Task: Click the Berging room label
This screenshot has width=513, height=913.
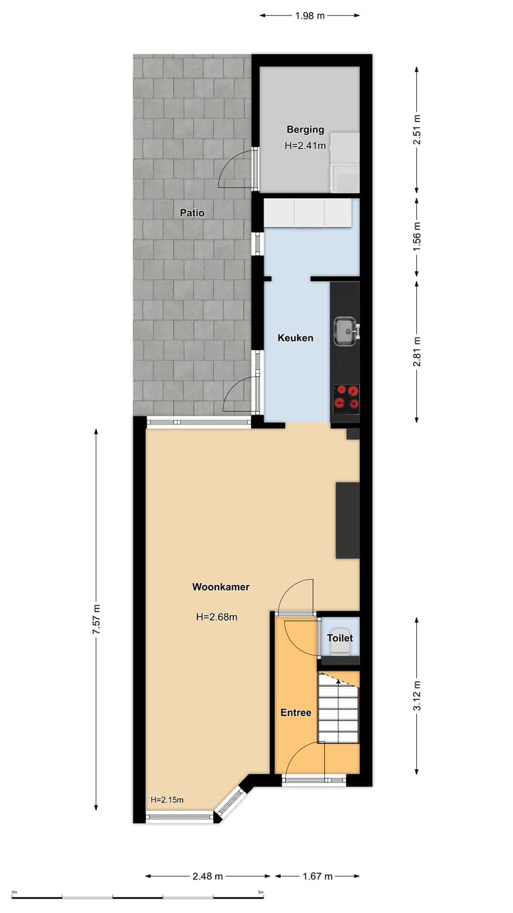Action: coord(305,130)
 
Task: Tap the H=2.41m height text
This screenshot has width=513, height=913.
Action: coord(305,146)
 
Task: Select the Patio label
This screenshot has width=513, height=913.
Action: coord(192,213)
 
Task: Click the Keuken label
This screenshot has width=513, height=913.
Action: coord(295,338)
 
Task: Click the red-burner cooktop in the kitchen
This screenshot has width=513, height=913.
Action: coord(347,397)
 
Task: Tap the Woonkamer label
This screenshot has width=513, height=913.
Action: coord(220,587)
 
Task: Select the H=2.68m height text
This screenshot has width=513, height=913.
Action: coord(216,617)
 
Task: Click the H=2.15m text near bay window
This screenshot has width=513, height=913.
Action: coord(167,800)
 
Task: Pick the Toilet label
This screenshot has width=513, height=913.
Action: coord(339,638)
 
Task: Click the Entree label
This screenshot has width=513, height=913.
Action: coord(295,713)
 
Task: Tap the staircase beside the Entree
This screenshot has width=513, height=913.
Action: coord(338,708)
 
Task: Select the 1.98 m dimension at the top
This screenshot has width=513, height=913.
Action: coord(309,14)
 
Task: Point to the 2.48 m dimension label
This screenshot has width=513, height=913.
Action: coord(208,876)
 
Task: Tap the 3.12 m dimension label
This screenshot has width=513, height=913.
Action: coord(417,696)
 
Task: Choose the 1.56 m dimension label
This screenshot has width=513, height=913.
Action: coord(417,234)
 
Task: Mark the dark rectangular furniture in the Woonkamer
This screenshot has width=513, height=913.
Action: coord(348,520)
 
